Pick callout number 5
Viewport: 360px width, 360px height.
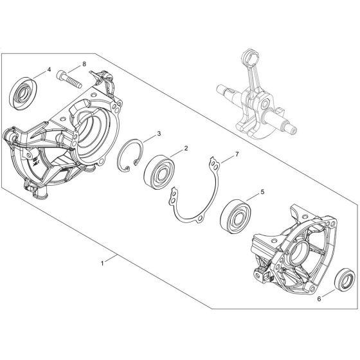click(x=262, y=190)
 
